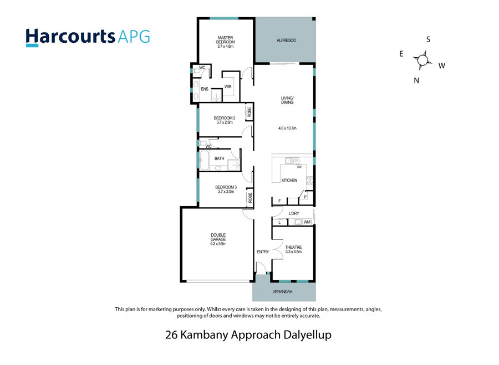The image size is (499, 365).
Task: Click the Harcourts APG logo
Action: pos(88,38)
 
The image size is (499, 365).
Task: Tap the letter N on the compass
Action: pos(416,81)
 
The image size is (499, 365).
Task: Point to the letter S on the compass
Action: pos(429,39)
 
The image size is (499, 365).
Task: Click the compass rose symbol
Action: pos(422,60)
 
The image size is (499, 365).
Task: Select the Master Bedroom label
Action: pos(226,42)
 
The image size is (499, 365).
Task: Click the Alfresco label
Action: pos(287,41)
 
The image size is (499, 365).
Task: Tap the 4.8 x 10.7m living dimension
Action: pos(287,128)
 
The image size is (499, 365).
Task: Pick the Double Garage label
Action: pos(218,239)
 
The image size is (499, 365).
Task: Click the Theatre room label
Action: pos(293,249)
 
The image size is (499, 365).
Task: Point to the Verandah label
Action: pos(282,292)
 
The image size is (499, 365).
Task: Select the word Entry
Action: pos(263,252)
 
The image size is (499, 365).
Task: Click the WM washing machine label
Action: pos(307,222)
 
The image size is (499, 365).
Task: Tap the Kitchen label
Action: pos(289,181)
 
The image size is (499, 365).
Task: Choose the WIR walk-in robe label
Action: pos(228,87)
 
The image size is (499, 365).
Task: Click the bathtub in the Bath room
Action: pos(204,160)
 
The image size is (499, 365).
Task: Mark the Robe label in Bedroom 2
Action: pos(249,112)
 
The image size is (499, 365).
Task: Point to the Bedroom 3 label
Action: pos(226,189)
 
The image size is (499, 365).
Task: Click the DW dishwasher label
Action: pos(299,167)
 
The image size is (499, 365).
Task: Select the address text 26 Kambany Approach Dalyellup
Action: pos(248,335)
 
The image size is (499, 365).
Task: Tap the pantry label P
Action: pos(305,197)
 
